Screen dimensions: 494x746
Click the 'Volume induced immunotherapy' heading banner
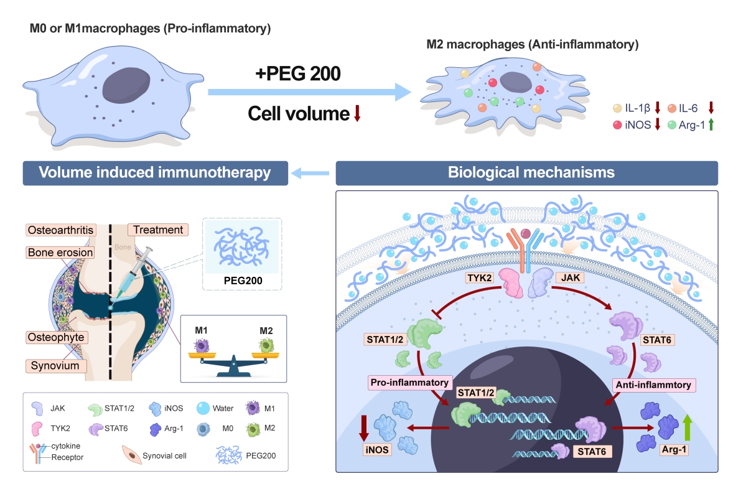point(155,173)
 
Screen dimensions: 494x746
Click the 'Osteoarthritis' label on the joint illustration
point(59,230)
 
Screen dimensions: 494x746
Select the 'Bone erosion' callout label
point(59,253)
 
